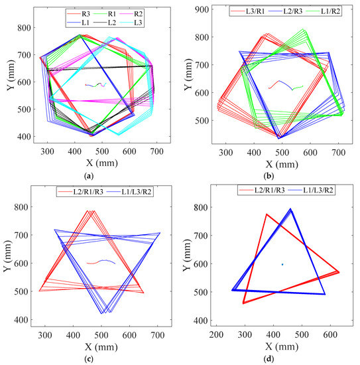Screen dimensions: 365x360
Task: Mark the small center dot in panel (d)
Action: pos(282,264)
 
